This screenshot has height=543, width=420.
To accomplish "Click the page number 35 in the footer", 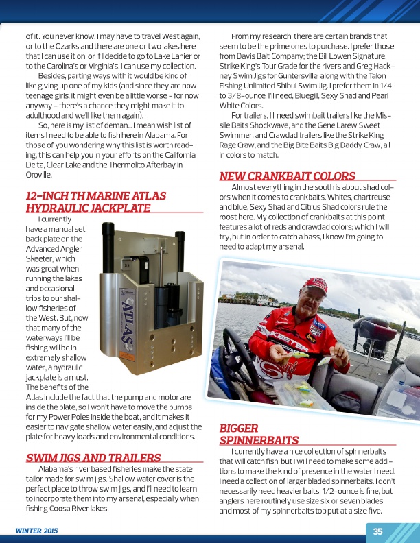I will (x=377, y=530).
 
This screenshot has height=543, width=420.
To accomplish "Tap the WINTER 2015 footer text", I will (x=37, y=531).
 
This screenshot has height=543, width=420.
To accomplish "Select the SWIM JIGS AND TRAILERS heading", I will (x=93, y=457).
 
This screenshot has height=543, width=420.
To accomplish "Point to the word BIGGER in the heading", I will (x=238, y=429).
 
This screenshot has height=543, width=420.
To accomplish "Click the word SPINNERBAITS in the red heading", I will (x=258, y=440).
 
